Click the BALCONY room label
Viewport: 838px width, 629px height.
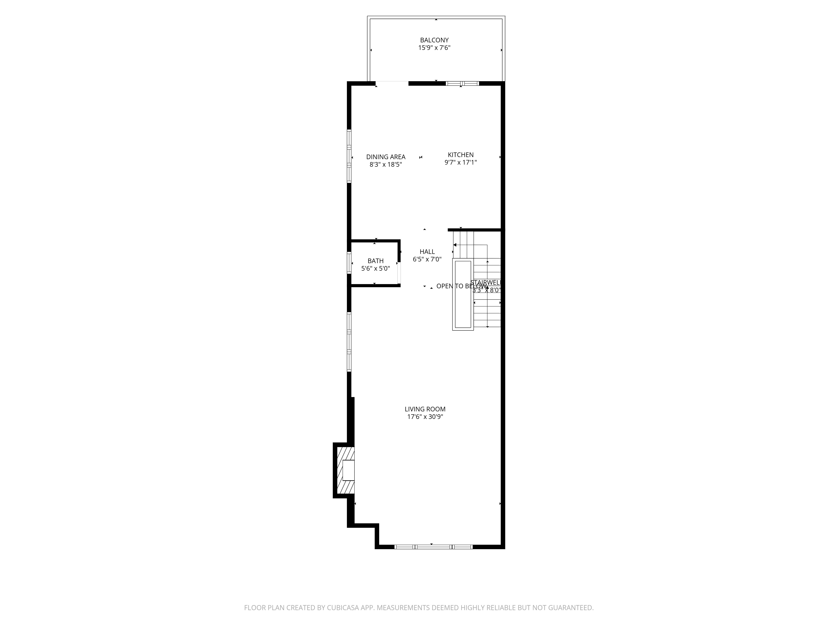coord(434,40)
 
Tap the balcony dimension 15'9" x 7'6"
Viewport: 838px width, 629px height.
coord(434,48)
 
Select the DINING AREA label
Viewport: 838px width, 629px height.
coord(386,157)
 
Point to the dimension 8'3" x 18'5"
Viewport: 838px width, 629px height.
coord(386,165)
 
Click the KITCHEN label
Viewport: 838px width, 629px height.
coord(461,155)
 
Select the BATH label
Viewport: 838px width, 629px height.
coord(375,261)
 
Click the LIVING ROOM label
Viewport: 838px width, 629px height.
coord(425,409)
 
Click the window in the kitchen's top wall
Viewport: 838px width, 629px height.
coord(462,83)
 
